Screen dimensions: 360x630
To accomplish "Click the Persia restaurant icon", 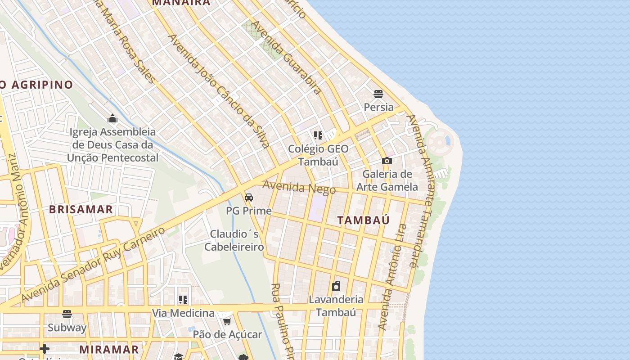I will click(x=378, y=94).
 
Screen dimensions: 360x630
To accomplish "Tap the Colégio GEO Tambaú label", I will click(x=318, y=155).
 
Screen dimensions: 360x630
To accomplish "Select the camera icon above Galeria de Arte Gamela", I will click(x=387, y=161).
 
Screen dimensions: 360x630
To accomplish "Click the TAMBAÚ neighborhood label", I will click(x=364, y=220).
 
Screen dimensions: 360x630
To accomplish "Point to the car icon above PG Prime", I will click(x=248, y=198).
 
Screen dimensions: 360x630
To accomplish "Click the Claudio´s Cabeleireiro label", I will click(x=234, y=240).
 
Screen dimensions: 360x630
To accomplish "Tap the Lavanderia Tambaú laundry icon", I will click(x=336, y=286).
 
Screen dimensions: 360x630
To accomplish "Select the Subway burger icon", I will click(x=67, y=314).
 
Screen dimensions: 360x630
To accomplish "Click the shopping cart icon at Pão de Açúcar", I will click(x=227, y=321).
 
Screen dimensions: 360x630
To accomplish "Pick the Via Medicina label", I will click(x=183, y=313).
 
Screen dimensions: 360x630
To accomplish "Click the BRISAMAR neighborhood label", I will click(x=81, y=210).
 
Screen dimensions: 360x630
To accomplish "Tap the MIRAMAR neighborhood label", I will click(x=109, y=349).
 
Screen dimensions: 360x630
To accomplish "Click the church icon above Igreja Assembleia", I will click(x=112, y=118).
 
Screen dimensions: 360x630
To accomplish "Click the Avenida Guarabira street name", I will click(x=286, y=57).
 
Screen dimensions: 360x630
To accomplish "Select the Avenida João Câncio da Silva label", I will click(x=219, y=90).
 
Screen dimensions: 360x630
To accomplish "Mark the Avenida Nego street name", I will click(x=299, y=187).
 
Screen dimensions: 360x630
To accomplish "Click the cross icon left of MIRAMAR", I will click(x=45, y=349).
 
